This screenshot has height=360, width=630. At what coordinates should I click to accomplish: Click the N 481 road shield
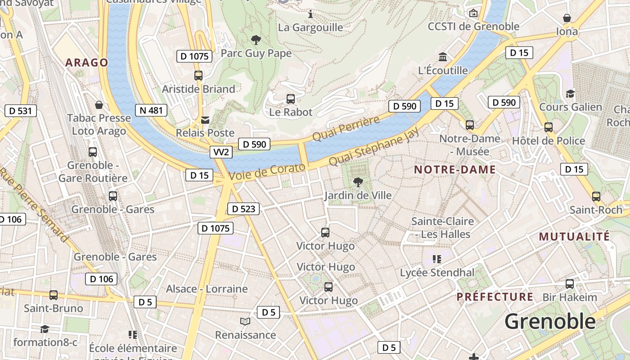coord(151,110)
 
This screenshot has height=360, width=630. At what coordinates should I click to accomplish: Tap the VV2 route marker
coord(220,152)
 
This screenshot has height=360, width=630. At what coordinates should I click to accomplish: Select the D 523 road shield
coord(243,209)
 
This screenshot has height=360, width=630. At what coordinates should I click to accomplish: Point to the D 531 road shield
coord(20,111)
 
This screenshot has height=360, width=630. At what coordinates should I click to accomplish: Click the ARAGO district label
coord(87,63)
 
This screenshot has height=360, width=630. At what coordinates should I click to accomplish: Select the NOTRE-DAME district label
coord(454,170)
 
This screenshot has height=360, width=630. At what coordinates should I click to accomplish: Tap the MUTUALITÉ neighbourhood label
coord(574,236)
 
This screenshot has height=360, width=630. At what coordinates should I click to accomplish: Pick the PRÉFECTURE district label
coord(495,297)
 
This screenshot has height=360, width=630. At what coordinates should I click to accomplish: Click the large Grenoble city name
coord(550,322)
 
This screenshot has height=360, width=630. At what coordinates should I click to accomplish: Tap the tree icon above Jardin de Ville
coord(358,182)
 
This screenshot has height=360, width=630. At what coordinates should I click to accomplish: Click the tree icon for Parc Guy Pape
coord(256,40)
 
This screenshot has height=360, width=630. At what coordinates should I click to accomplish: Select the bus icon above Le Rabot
coord(291,99)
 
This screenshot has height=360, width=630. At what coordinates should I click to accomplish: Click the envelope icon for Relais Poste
coord(205,120)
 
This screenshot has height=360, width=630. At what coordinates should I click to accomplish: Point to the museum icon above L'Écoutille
coord(443,57)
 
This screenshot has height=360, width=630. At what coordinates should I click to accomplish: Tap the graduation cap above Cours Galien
coord(570,94)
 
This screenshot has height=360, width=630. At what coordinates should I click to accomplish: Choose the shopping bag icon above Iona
coord(567,18)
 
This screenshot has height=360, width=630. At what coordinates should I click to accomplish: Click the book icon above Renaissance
coord(245,321)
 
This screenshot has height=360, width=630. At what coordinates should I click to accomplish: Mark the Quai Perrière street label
coord(346,129)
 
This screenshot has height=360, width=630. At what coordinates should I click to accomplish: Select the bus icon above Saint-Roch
coord(596,196)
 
